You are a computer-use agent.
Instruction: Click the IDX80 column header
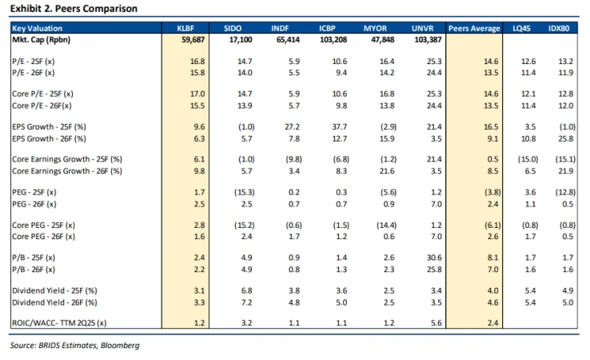pos(561,29)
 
